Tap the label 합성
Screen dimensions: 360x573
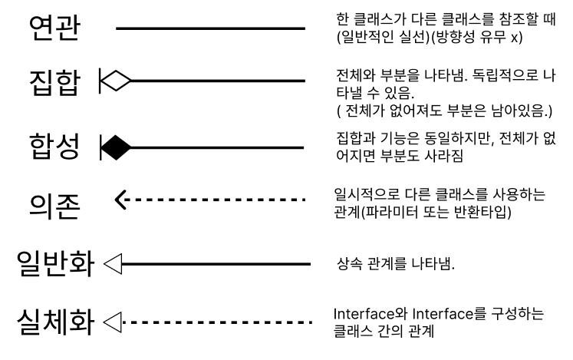(54, 145)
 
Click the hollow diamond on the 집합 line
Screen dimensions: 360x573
(117, 78)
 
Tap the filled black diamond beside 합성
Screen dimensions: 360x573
(117, 145)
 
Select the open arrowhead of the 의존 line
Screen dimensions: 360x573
(121, 202)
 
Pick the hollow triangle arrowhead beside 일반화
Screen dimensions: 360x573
(113, 265)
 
